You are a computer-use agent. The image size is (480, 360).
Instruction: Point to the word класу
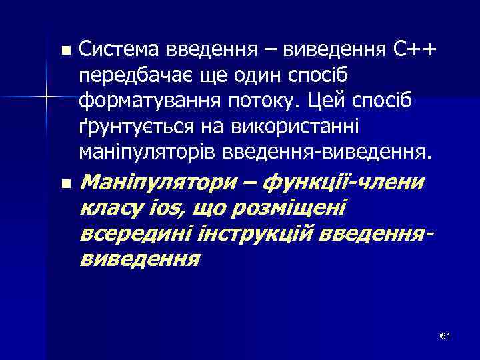[x=110, y=208]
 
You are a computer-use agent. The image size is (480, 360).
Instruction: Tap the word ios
[x=165, y=208]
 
